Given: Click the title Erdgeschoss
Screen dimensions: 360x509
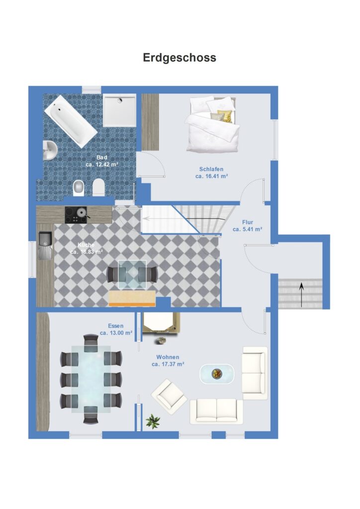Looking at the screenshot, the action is coord(180,58).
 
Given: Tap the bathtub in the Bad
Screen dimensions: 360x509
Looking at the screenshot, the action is coord(71,121).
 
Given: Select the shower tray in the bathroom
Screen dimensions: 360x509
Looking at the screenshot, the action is coord(119,110).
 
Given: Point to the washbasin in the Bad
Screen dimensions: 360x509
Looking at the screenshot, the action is coord(50,150).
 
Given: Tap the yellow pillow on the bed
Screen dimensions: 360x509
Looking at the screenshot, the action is coord(225,116).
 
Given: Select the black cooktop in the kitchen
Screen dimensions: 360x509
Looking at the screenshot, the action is coord(76,215).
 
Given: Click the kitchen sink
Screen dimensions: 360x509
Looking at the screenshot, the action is coord(45,245).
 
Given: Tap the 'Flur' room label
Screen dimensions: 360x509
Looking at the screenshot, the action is coord(248,222).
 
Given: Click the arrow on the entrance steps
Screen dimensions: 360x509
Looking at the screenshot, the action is coord(301,295).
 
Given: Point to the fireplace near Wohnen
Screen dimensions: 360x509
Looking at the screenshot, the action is coord(161,323).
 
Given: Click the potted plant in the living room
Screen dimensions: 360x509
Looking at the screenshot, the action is coord(153,421).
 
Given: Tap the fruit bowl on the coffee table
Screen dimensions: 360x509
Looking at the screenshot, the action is coord(216,374).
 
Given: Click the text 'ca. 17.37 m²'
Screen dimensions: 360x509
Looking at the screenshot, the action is coord(168,364).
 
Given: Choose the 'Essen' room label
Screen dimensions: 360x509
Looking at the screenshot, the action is coord(116,326).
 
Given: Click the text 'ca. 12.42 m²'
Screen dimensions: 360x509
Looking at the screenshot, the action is coord(101,165).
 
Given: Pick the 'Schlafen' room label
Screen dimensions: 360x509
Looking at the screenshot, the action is coord(211,169).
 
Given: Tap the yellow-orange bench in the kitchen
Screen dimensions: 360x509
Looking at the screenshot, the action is coord(132,298).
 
